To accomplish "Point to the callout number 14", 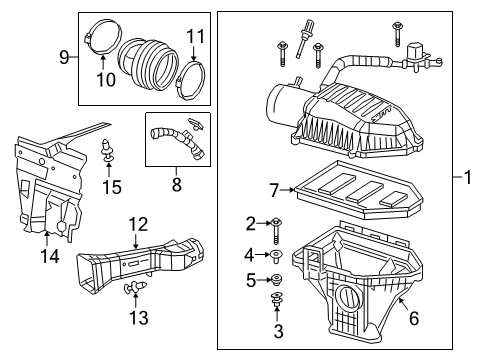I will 47,257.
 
